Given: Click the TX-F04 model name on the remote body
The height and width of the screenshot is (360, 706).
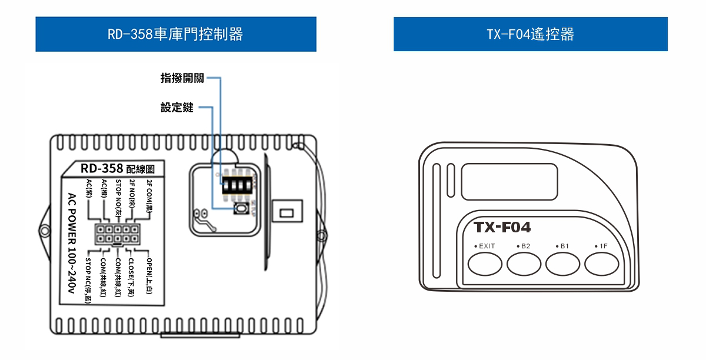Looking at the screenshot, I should (x=502, y=227).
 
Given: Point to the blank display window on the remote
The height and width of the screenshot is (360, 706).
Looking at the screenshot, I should (x=509, y=181).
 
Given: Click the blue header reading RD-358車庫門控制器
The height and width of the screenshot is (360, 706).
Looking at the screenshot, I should (x=176, y=34).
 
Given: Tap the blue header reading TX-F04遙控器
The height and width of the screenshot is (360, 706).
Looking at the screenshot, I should (x=530, y=34).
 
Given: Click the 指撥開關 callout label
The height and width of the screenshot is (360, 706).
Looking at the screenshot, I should (x=182, y=78).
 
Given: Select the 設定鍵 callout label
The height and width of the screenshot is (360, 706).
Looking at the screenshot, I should (x=177, y=108).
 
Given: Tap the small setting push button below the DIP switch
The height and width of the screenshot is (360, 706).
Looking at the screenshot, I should (x=241, y=209).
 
